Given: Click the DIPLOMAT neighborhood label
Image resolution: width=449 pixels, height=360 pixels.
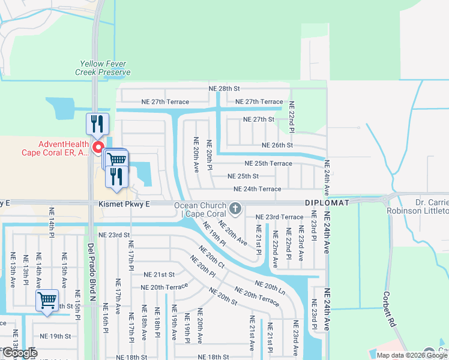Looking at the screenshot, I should pos(327,203).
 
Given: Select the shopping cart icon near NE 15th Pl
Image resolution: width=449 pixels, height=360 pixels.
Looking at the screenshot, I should pos(47,299).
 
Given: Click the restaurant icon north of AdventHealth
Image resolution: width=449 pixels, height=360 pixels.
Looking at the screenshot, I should pos(97,124).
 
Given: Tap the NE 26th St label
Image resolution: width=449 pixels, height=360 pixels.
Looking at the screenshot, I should pos(277,145).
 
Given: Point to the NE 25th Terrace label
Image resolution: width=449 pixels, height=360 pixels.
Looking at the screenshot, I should pos(268,163).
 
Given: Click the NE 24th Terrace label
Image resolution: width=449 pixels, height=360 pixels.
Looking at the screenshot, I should pos(257,189).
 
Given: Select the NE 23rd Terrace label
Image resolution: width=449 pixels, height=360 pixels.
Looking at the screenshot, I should pos(279,217).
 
